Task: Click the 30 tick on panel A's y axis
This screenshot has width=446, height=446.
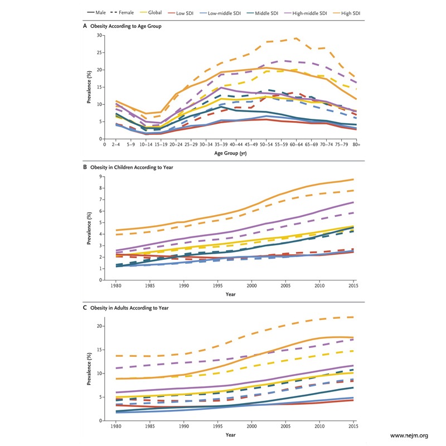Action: point(100,35)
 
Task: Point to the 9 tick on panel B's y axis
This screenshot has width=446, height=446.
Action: point(101,177)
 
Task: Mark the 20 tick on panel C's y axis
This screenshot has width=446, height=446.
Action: point(100,326)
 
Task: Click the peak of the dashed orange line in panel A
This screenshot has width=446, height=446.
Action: point(297,38)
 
